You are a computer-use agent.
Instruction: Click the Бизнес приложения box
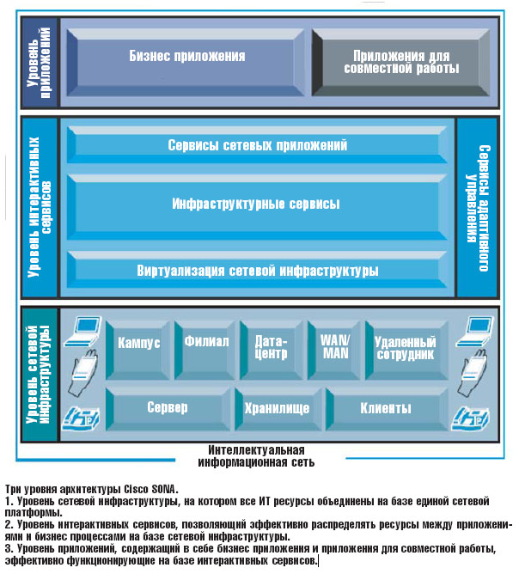187,58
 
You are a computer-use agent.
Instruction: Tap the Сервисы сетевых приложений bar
258,146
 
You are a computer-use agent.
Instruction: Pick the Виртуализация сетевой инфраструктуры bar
258,271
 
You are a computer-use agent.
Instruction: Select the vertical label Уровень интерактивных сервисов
40,206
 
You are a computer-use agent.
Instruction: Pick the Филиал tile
206,342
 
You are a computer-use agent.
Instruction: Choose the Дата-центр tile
271,345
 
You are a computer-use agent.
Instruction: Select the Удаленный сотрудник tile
404,346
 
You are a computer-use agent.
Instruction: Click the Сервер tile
167,408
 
